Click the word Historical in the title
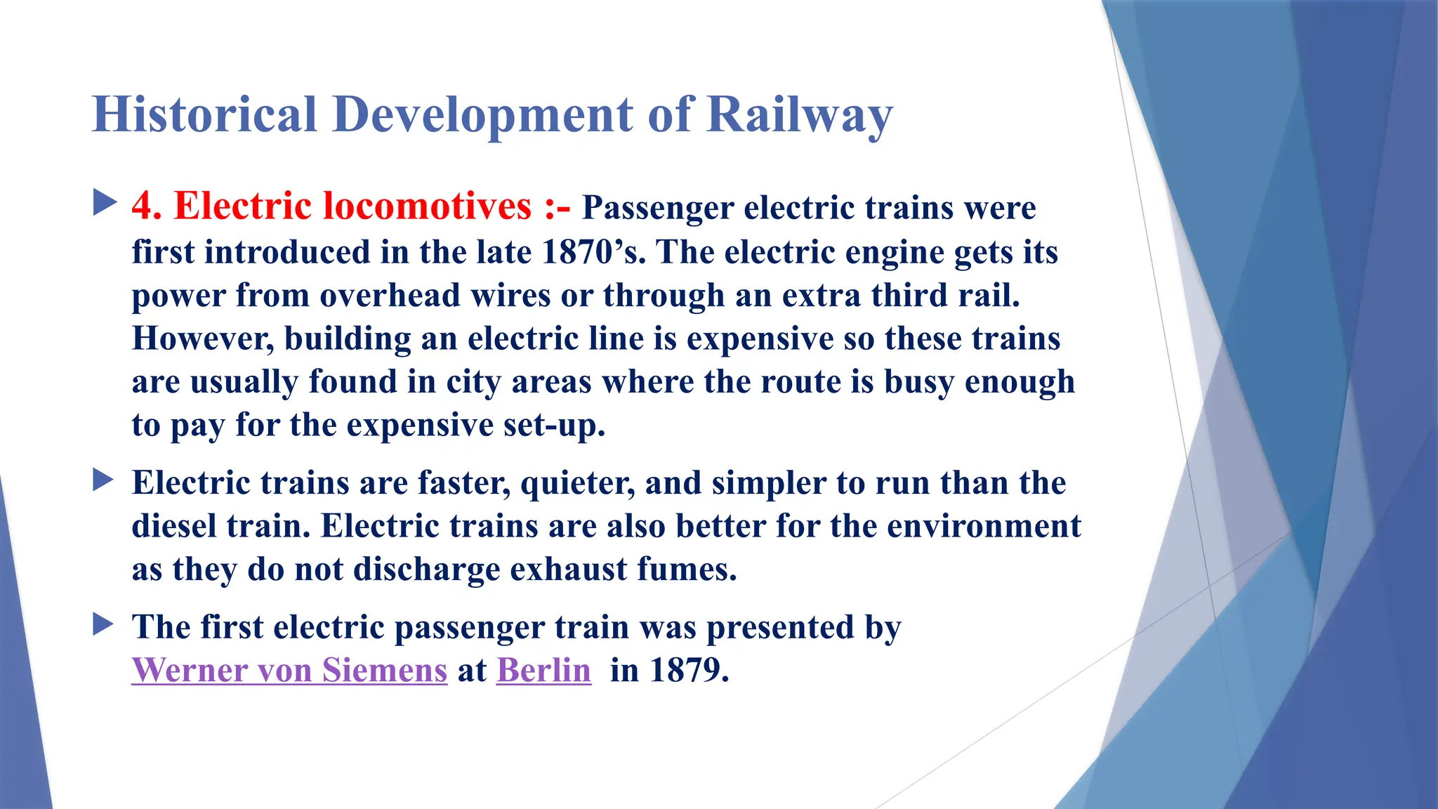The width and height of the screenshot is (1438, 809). pyautogui.click(x=204, y=114)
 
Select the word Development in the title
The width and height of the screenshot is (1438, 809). pyautogui.click(x=483, y=114)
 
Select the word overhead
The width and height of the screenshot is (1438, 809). pyautogui.click(x=390, y=295)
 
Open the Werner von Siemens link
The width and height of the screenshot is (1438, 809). pyautogui.click(x=289, y=670)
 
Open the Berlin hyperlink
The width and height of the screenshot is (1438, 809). pyautogui.click(x=543, y=670)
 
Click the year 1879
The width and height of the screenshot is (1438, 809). pyautogui.click(x=688, y=670)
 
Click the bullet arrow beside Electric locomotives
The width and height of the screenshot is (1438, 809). pyautogui.click(x=104, y=204)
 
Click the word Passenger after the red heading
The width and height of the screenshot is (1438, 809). pyautogui.click(x=658, y=208)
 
